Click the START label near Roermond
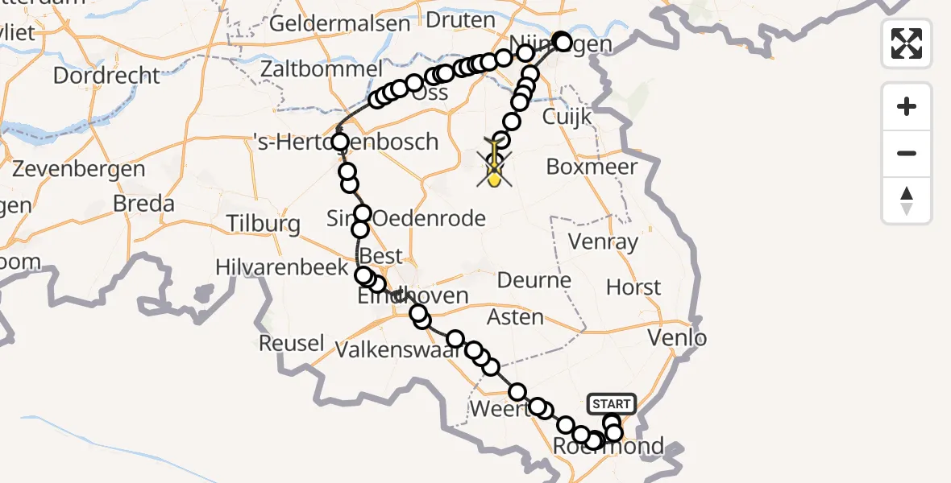click(613, 403)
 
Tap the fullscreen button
click(907, 43)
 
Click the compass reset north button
click(907, 200)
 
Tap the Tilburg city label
click(264, 223)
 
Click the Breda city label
click(143, 204)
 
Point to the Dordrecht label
click(107, 76)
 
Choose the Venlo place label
click(682, 337)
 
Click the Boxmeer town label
click(592, 167)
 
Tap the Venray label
click(603, 241)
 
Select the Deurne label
click(534, 281)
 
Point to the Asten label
click(516, 317)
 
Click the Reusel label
click(292, 343)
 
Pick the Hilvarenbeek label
click(281, 268)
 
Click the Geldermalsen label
click(339, 23)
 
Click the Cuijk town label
click(567, 117)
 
